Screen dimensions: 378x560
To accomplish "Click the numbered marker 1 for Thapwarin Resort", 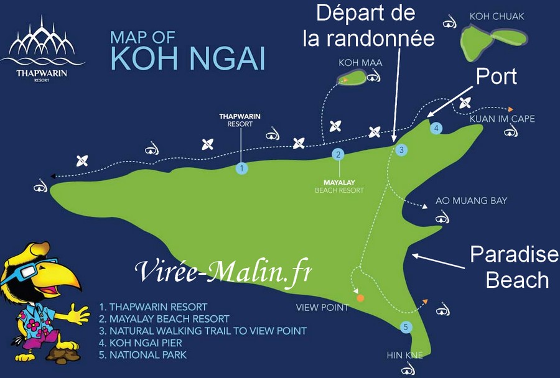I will click(x=241, y=168).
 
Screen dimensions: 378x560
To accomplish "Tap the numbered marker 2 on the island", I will click(x=338, y=154).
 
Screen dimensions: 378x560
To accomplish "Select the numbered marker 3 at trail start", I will click(x=402, y=150).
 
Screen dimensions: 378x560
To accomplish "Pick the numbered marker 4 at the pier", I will click(x=437, y=129).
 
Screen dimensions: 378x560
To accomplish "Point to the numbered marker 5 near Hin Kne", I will click(x=406, y=327).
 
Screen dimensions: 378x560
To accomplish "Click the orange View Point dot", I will click(x=360, y=298).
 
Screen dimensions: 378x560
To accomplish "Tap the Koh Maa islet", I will click(x=353, y=78).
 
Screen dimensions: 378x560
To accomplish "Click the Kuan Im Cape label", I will click(x=502, y=119).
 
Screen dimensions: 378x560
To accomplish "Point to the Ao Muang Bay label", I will click(x=471, y=201).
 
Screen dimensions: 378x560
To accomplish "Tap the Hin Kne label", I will click(x=404, y=356).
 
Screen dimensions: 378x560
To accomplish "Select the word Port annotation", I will click(x=496, y=76).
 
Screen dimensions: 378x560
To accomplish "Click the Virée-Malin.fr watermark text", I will click(x=223, y=271).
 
